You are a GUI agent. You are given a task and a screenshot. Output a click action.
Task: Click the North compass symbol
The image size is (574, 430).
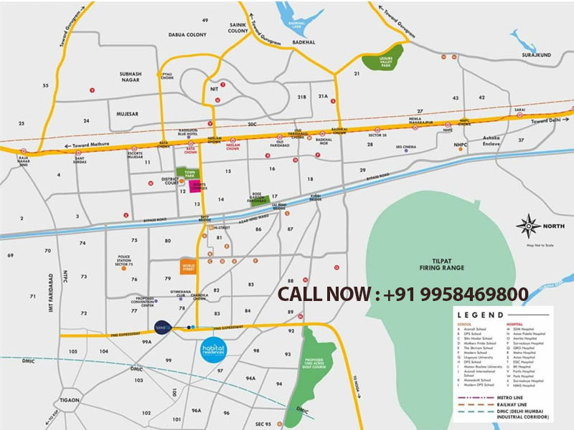point(528,226)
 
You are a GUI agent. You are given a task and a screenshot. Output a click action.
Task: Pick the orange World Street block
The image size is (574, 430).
point(189,267)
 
